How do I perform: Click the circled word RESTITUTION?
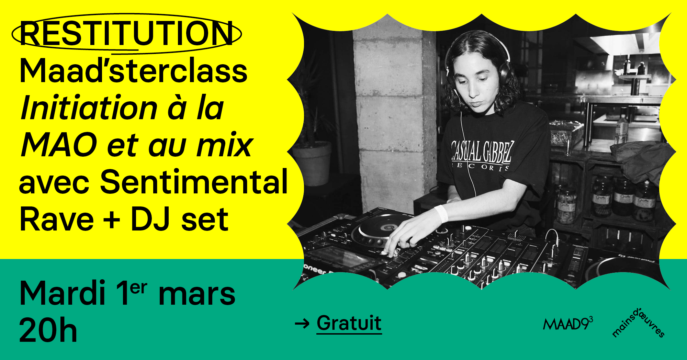pyautogui.click(x=126, y=33)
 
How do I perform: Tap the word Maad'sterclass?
pyautogui.click(x=134, y=70)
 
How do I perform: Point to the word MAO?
pyautogui.click(x=59, y=145)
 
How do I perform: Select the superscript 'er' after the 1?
pyautogui.click(x=139, y=288)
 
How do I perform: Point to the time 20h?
pyautogui.click(x=48, y=330)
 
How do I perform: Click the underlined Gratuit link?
pyautogui.click(x=349, y=323)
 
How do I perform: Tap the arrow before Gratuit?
pyautogui.click(x=302, y=324)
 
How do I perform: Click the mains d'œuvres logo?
pyautogui.click(x=638, y=323)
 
